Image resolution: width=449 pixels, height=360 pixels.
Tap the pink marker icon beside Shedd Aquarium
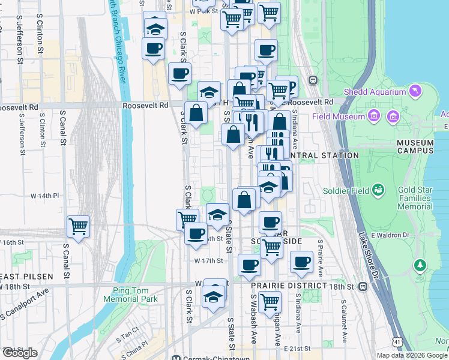(414, 91)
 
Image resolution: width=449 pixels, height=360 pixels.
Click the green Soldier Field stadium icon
(378, 190)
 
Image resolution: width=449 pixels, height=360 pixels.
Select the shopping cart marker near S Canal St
(78, 227)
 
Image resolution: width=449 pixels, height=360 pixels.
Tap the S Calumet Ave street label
(346, 324)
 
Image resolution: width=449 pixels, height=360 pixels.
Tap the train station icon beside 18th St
(363, 287)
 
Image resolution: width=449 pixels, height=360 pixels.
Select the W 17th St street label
(208, 261)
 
